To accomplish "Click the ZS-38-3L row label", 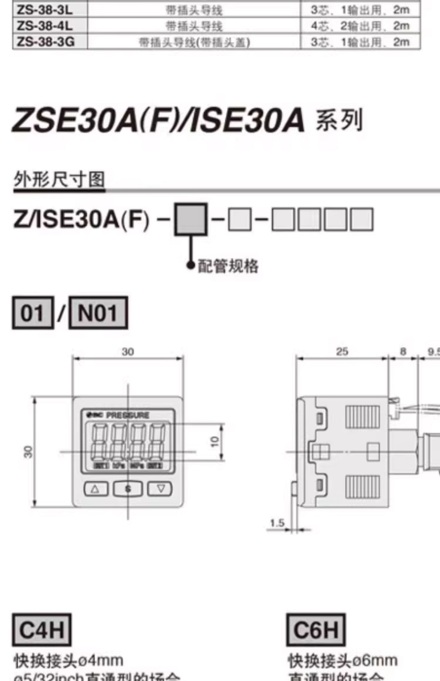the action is click(45, 10).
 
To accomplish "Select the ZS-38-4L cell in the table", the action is click(45, 26).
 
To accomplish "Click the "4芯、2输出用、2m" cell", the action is click(360, 26).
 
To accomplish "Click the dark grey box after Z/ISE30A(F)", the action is click(191, 219).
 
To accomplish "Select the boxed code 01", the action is click(33, 313).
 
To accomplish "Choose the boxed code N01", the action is click(98, 313).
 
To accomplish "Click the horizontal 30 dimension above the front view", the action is click(128, 352).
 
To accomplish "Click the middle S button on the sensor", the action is click(128, 489).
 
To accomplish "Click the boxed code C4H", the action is click(42, 630).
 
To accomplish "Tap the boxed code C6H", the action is click(316, 630).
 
